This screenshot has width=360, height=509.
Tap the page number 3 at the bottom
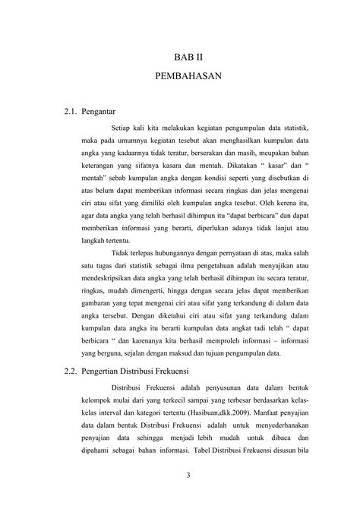[x=187, y=476]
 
